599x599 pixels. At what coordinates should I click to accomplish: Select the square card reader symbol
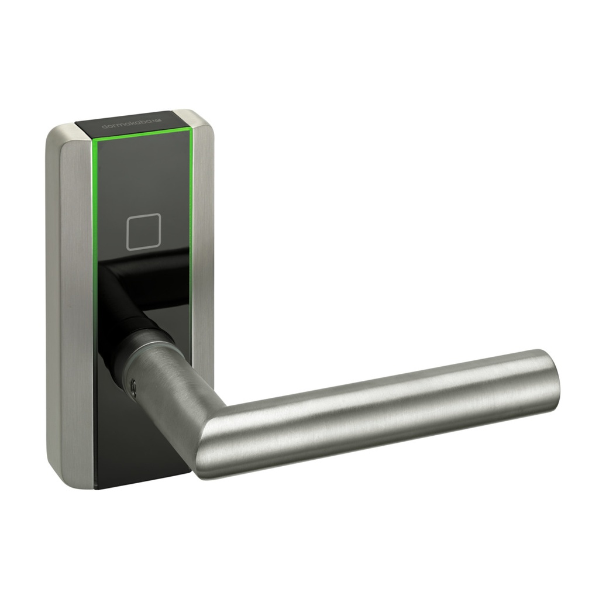(144, 232)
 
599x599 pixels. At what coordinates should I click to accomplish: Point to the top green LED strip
(144, 135)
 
